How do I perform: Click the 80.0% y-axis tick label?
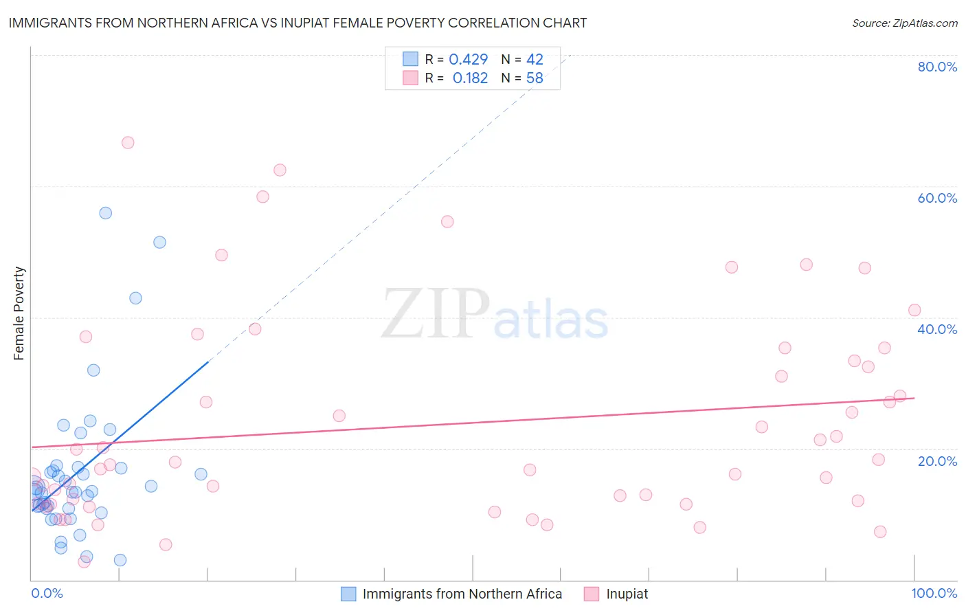click(937, 67)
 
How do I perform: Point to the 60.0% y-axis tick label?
click(937, 198)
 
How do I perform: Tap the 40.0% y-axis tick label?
click(937, 329)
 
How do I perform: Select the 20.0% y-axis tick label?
click(937, 461)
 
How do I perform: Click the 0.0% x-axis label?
click(47, 593)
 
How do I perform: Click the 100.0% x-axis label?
click(934, 593)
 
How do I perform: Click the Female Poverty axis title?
click(19, 313)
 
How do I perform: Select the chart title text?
click(297, 23)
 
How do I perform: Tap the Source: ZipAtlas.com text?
click(904, 23)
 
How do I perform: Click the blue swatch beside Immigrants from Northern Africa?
click(348, 594)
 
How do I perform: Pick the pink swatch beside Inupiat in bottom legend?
click(592, 594)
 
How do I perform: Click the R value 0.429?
click(468, 60)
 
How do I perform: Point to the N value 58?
click(535, 78)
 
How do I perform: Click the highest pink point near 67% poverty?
click(128, 143)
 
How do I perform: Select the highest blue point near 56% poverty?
click(105, 213)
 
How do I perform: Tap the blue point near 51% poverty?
click(159, 242)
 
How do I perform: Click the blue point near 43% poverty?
click(135, 298)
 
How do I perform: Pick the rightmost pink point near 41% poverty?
click(914, 310)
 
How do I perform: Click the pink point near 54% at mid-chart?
click(447, 221)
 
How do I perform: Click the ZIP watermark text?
click(436, 314)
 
